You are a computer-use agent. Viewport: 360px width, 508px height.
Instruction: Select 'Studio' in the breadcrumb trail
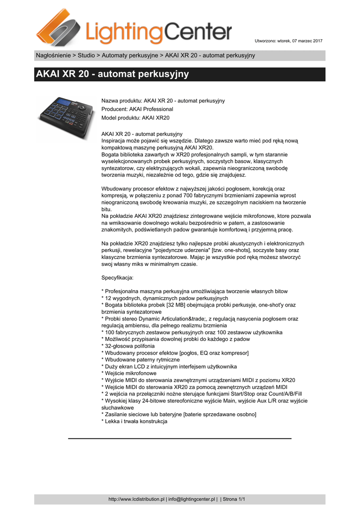coord(86,55)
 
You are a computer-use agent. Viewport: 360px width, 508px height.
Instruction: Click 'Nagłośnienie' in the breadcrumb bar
coord(54,55)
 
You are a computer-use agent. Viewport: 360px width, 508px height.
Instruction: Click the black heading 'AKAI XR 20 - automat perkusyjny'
coord(112,74)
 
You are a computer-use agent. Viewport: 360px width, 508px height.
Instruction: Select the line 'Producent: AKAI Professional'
coord(137,109)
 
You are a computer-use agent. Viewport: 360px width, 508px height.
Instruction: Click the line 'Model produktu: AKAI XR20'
coord(135,118)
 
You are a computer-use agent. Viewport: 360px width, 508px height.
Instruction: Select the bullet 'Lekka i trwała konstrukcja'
coord(135,421)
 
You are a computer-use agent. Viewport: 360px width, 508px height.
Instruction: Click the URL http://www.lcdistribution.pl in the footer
coord(136,499)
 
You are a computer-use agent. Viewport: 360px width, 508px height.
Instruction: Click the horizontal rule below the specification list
coord(180,439)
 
